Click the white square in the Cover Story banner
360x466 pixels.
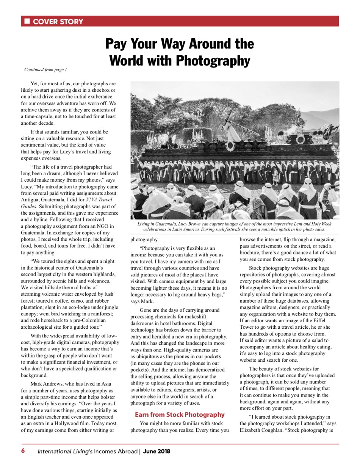tap(27, 21)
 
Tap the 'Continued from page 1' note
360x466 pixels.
tap(45, 70)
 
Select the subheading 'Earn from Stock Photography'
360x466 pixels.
tap(180, 414)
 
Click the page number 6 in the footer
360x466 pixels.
tap(23, 451)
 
